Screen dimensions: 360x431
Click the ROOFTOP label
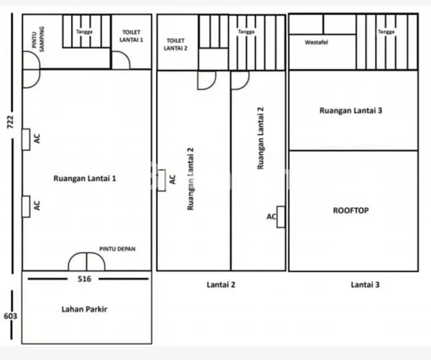coord(351,211)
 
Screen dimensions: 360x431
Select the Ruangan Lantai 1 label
coord(85,177)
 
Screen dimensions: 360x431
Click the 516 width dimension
coord(85,277)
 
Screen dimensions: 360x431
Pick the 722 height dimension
coord(10,121)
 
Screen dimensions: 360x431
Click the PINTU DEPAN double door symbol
coord(86,262)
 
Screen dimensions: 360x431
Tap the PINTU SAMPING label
coord(37,38)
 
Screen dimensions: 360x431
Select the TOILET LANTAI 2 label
coord(177,45)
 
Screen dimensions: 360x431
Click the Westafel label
coord(317,42)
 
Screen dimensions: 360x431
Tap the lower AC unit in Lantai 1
coord(26,206)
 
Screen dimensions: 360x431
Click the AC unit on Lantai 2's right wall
coord(280,216)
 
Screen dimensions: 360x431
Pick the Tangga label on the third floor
coord(385,32)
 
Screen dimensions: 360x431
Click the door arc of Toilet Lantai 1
coord(120,62)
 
